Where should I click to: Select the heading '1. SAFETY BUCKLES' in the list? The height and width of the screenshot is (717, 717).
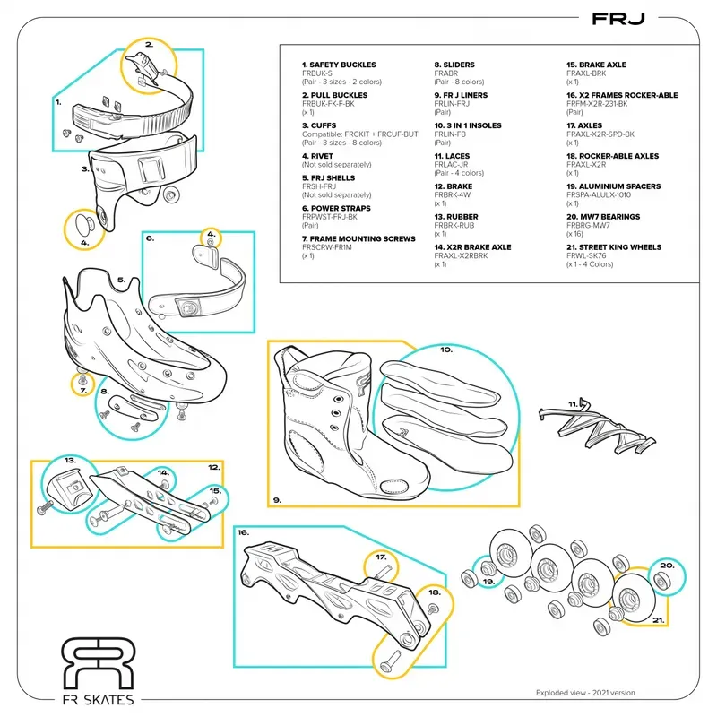[339, 65]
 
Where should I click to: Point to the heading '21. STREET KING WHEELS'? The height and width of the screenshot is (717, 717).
[614, 247]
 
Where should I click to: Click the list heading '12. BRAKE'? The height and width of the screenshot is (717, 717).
[454, 186]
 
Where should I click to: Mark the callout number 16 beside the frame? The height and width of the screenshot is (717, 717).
[243, 532]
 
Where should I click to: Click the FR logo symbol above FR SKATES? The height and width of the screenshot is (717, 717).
[97, 662]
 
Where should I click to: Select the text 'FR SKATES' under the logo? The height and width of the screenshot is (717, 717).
[97, 700]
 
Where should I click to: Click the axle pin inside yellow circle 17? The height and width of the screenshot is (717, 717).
[383, 566]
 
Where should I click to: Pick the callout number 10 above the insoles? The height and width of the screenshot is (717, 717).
[445, 350]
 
